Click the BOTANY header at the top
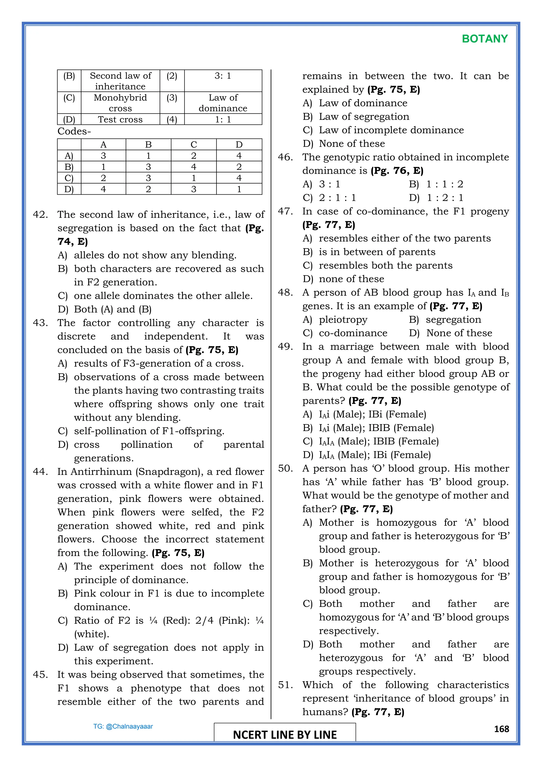tap(485, 39)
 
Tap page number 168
tap(501, 729)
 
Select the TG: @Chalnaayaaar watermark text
tap(123, 726)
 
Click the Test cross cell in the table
tap(120, 119)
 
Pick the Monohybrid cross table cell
tap(120, 102)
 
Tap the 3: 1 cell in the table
tap(223, 76)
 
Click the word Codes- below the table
tap(74, 131)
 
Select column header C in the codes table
tap(193, 145)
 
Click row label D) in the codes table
tap(69, 189)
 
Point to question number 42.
tap(40, 215)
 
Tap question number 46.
tap(285, 157)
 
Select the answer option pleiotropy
tap(343, 320)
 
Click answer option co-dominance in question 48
tap(353, 333)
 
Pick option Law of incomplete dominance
tap(391, 130)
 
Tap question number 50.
tap(285, 468)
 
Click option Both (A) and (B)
tap(112, 309)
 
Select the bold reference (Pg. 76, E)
tap(397, 171)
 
